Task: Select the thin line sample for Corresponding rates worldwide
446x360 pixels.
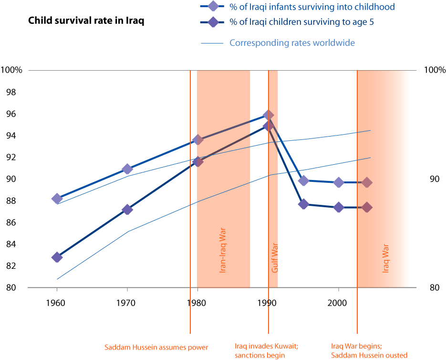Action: coord(212,43)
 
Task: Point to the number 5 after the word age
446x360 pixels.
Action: coord(371,22)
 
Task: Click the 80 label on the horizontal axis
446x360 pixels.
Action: coord(201,303)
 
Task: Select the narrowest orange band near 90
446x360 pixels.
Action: coord(273,191)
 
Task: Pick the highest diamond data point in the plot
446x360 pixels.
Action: coord(268,115)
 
